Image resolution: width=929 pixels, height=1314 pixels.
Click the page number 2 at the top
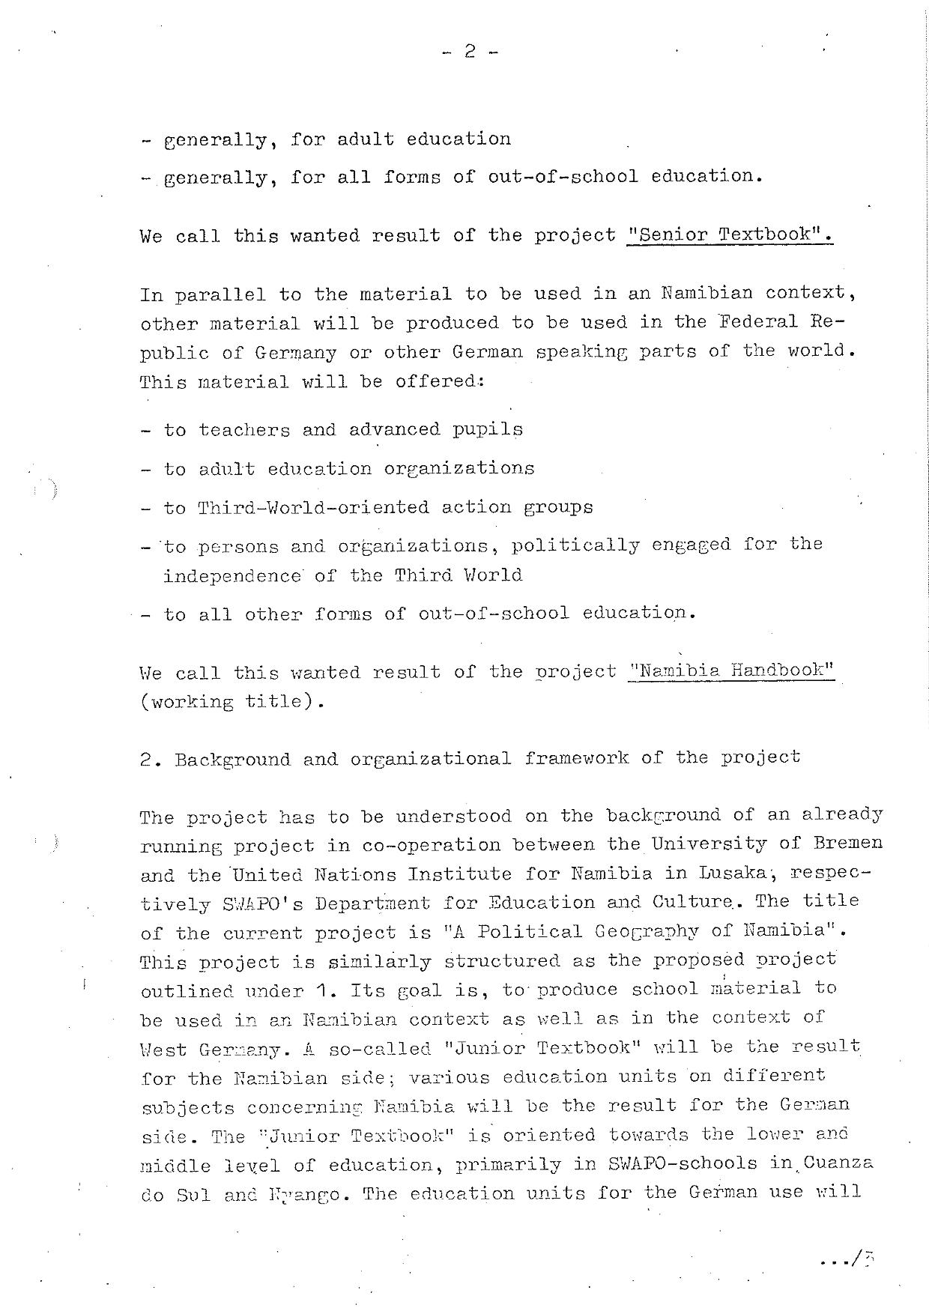click(470, 52)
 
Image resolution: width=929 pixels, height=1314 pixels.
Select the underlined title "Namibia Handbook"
click(731, 670)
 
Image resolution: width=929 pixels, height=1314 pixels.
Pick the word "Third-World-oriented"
click(312, 507)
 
